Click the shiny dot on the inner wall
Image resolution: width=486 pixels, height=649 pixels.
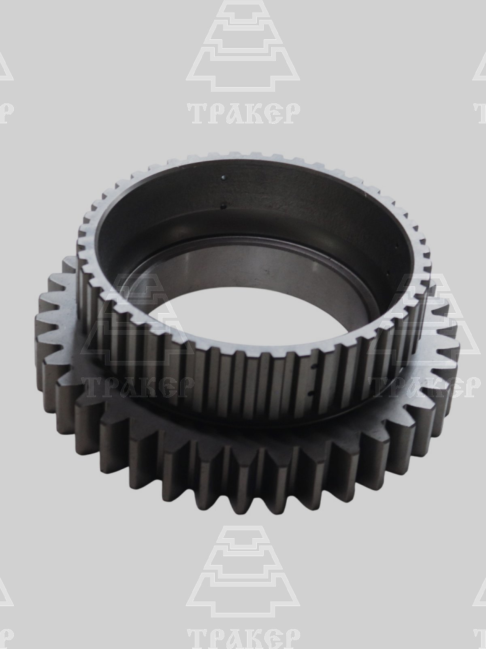pos(224,177)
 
